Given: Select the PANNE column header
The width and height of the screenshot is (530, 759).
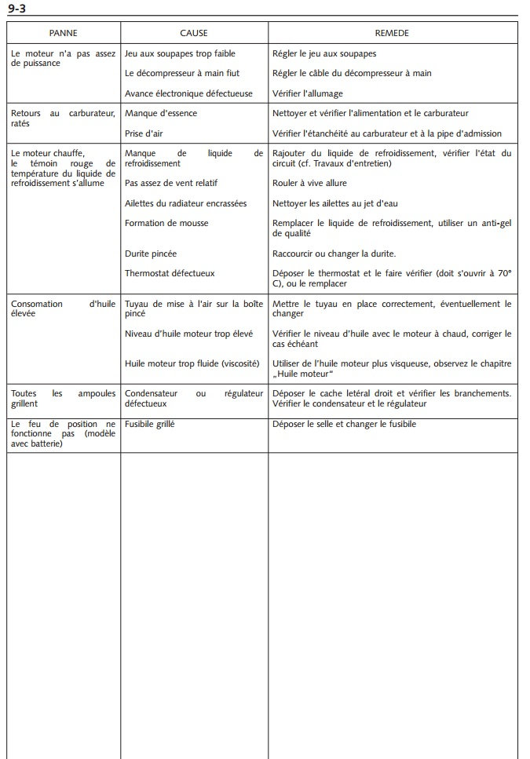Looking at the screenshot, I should point(63,33).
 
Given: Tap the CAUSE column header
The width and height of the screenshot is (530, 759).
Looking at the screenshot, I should point(193,33).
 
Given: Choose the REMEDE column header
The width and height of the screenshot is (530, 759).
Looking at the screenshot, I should point(392,33).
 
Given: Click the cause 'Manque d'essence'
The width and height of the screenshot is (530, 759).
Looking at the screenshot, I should point(160,114).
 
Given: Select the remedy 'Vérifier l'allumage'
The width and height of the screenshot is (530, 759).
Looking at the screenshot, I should point(307,93).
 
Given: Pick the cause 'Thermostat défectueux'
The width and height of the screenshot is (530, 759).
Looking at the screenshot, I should point(169,274).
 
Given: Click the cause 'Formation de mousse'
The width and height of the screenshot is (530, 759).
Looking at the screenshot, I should point(166,224).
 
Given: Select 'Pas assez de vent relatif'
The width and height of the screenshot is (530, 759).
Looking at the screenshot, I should point(174,184).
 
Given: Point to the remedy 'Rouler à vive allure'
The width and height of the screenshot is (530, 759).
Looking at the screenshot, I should point(310,184).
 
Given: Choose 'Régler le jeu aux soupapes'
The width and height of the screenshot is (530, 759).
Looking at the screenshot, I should point(323,53).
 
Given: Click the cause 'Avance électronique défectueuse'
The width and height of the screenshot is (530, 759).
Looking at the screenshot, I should point(188,93).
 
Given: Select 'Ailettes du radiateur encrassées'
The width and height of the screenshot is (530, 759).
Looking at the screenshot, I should point(185,203).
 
